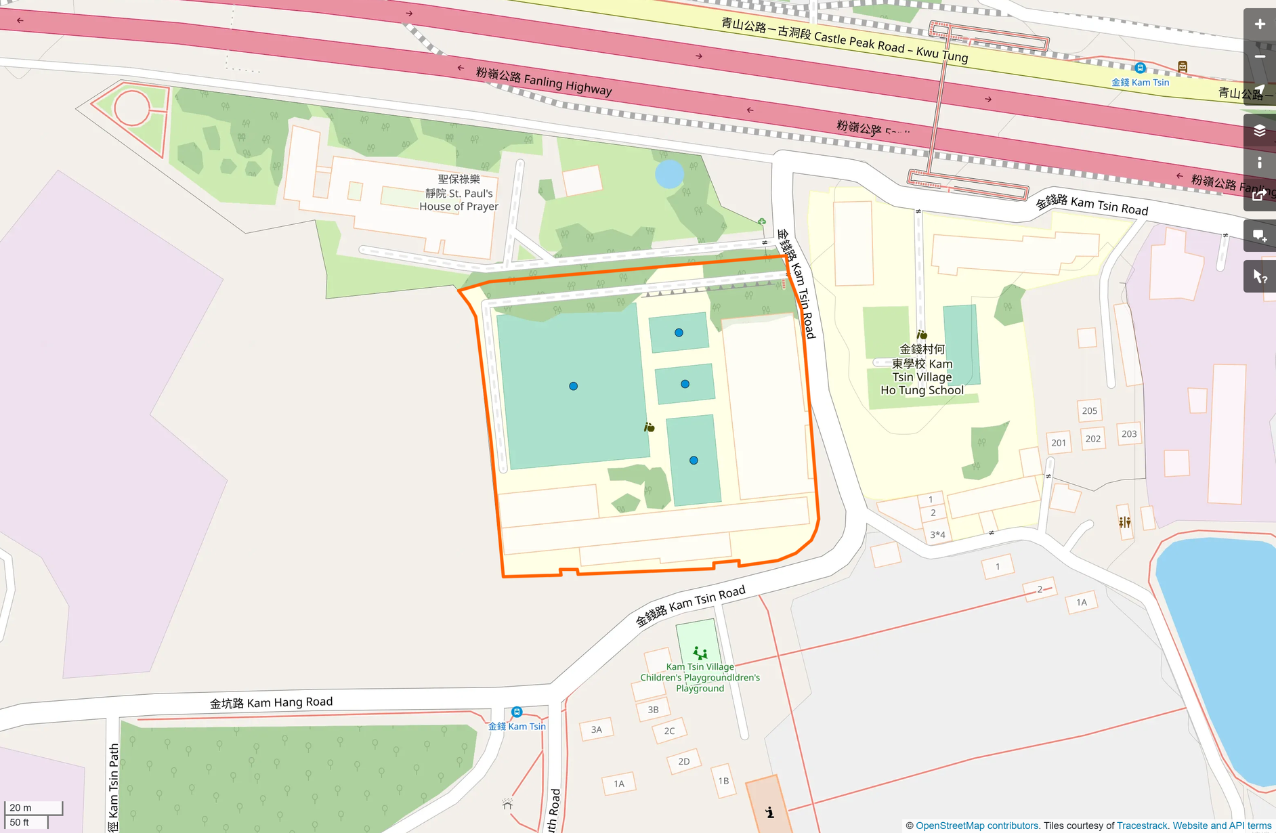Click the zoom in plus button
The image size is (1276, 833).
(x=1260, y=24)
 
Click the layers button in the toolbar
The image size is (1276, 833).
(x=1260, y=131)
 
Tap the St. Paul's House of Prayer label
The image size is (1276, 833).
(x=459, y=193)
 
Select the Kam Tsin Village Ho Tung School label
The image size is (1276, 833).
(x=922, y=370)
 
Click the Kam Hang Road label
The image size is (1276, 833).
(x=271, y=702)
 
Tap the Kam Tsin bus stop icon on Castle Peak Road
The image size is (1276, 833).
(x=1140, y=68)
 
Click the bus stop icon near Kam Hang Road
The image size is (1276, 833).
(x=517, y=712)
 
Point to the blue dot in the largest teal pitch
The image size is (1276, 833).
(x=573, y=386)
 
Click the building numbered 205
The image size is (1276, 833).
(x=1089, y=410)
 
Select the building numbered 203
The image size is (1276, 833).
(x=1128, y=433)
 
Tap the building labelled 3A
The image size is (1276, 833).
(x=596, y=729)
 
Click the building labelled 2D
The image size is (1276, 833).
(x=683, y=761)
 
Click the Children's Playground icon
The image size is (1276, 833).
(x=700, y=653)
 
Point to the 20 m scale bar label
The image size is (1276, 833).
(x=20, y=807)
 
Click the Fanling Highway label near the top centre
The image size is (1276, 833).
(x=544, y=81)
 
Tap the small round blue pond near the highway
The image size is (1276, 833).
(x=669, y=175)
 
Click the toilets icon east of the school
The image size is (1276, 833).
(x=1124, y=522)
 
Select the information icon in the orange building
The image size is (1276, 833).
(x=770, y=812)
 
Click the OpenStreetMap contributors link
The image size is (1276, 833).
(x=977, y=826)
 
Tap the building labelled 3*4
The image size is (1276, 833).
(x=937, y=534)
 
